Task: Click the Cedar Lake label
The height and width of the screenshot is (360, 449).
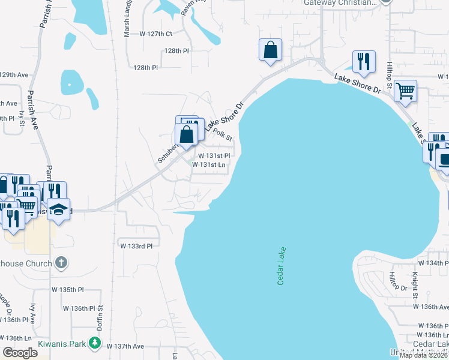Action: [281, 266]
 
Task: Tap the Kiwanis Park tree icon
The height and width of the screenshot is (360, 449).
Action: [94, 343]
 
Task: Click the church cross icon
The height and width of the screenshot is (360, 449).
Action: [61, 263]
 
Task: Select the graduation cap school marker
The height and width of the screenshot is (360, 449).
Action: [59, 209]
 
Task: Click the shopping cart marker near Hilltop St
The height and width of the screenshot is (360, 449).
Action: [406, 91]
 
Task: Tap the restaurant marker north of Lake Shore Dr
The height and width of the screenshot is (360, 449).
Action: [364, 61]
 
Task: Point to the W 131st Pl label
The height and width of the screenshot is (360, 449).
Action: [215, 155]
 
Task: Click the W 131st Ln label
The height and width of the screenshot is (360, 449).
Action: [213, 164]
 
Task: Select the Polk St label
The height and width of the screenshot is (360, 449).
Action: [222, 134]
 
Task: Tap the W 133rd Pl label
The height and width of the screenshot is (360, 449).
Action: [136, 246]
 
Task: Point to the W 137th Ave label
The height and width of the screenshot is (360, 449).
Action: [125, 346]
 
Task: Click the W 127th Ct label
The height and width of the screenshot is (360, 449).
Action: [155, 34]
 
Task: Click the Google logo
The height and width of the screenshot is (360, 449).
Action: [20, 353]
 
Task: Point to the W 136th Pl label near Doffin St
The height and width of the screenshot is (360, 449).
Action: [79, 308]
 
